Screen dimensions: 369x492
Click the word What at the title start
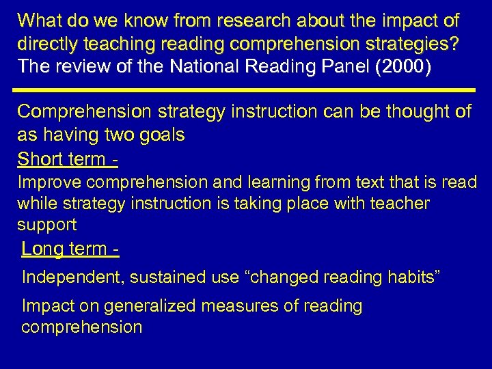[42, 20]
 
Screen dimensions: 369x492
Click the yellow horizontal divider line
[246, 90]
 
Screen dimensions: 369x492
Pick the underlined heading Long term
[70, 249]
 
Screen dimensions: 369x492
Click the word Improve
[52, 182]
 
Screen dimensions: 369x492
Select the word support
[46, 224]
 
